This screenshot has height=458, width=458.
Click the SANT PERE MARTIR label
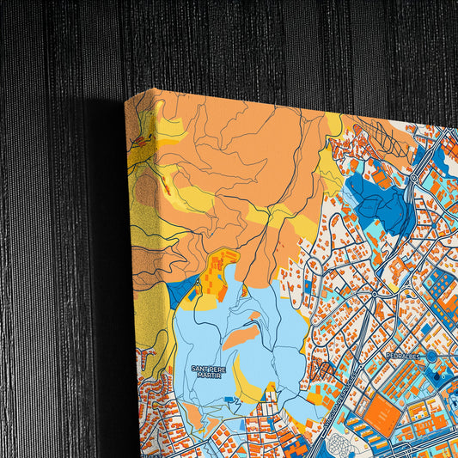click(210, 370)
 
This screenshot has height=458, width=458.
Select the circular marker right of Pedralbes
click(431, 355)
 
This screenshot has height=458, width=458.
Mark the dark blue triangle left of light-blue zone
click(180, 292)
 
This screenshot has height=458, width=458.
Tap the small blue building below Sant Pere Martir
click(231, 400)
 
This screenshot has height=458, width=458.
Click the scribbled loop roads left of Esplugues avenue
click(322, 369)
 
